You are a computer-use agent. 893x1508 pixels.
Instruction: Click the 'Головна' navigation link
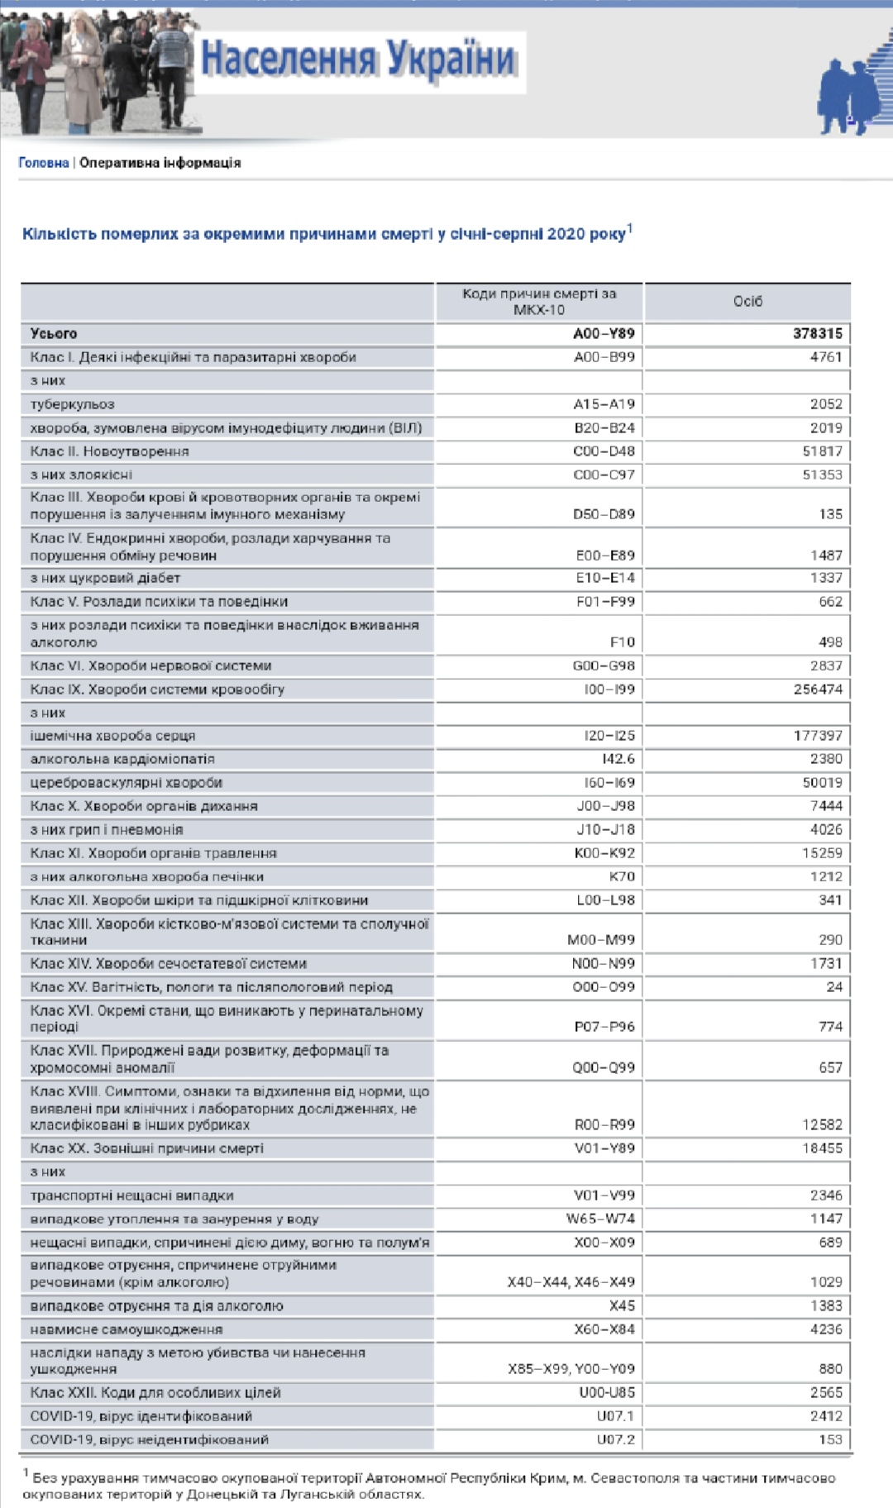43,163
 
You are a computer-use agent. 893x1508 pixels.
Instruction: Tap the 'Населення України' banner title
359,60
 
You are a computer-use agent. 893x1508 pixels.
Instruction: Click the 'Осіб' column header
747,302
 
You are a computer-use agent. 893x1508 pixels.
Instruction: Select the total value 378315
817,334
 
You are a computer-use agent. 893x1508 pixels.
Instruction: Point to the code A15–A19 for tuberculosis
604,404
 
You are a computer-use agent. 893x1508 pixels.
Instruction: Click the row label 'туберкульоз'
72,404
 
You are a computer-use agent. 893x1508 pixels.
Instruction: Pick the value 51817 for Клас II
822,451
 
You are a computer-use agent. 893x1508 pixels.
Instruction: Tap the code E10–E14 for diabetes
605,578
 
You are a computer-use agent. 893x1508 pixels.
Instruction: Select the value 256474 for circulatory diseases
818,690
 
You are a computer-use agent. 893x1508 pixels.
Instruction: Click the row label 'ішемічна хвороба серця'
112,736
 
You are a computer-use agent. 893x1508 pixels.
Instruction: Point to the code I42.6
618,759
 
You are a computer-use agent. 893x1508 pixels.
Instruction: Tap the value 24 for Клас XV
834,987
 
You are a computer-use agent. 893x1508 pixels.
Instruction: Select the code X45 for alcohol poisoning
622,1306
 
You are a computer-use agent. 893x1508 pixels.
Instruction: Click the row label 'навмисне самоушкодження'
127,1329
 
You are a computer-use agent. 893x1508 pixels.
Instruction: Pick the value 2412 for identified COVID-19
826,1416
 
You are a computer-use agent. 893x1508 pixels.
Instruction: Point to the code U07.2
616,1439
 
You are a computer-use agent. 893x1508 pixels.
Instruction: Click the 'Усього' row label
54,334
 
